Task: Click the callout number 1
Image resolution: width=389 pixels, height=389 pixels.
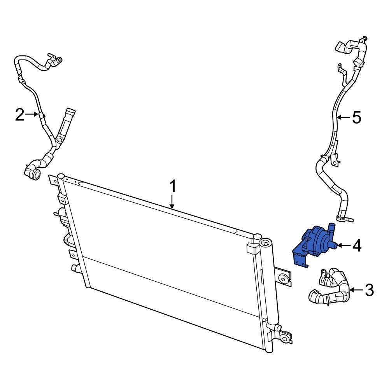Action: [173, 187]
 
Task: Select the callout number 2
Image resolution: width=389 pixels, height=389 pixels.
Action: [19, 115]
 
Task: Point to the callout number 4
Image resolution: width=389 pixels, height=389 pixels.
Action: [357, 245]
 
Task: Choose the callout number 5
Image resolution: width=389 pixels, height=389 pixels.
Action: [357, 117]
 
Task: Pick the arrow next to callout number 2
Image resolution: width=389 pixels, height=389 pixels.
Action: [32, 114]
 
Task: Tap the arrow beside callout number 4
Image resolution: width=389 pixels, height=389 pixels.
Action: [343, 245]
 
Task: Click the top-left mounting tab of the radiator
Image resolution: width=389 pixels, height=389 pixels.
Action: [53, 180]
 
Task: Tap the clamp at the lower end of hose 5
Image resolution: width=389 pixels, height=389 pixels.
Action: [342, 218]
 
